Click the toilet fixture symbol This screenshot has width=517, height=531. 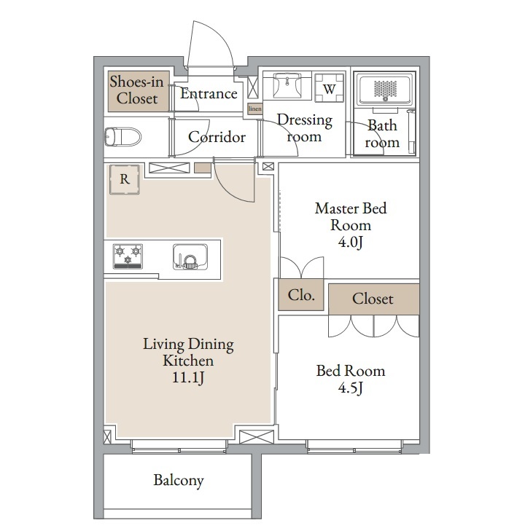coord(123,136)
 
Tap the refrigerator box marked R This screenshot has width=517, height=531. coord(125,179)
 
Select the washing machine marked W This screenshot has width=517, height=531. coord(329,88)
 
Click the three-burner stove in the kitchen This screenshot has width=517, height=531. coord(128,256)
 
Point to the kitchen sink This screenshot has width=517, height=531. coord(190,256)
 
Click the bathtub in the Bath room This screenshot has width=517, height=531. coord(385,90)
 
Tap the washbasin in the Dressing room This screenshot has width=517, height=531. coord(287,86)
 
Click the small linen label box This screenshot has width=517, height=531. coord(255,109)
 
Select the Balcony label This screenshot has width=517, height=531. coord(179,480)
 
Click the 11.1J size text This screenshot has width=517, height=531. coord(188,377)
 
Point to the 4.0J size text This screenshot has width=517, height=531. coord(351,242)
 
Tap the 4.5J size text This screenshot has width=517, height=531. coord(351,388)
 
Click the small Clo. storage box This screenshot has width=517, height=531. coord(301,294)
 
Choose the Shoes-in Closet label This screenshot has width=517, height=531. coord(136,90)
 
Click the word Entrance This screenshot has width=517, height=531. coord(209,93)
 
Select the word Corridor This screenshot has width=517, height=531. coord(217,137)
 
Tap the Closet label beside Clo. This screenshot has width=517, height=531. coord(373,299)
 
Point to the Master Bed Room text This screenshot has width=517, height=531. coord(351,217)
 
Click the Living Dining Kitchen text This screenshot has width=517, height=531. coord(188,353)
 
